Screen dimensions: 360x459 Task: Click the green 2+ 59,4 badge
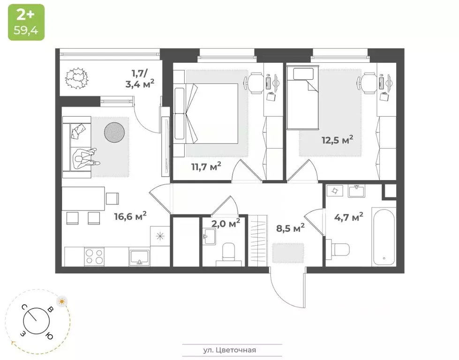[x=26, y=22]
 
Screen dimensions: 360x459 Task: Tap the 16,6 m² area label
[x=130, y=216]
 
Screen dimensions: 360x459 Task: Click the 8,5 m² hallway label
[x=289, y=228]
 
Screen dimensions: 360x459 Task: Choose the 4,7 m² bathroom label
[x=348, y=217]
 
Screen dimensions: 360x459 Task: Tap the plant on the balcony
[x=77, y=78]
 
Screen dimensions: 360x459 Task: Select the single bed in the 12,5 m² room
[x=303, y=97]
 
